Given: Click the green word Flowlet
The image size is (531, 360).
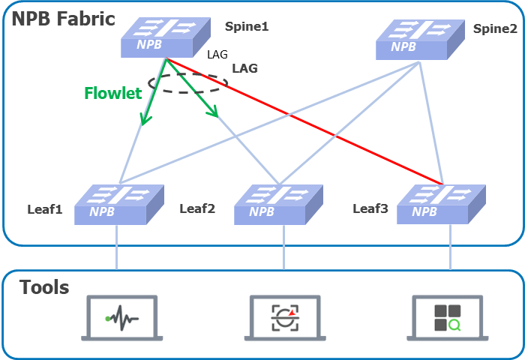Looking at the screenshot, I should [113, 94].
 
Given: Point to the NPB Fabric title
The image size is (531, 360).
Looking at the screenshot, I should [63, 18].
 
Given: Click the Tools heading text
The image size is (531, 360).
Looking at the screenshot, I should [44, 286].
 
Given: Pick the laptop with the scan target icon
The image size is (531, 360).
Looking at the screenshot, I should [283, 318].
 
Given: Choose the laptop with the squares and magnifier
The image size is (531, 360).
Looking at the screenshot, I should [448, 318].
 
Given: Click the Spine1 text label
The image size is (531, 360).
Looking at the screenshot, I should [247, 26].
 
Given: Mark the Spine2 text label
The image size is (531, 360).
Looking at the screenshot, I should [495, 28].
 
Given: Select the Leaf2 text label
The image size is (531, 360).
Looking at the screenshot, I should [197, 208].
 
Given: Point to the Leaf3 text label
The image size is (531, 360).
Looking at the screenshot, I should [370, 208].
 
